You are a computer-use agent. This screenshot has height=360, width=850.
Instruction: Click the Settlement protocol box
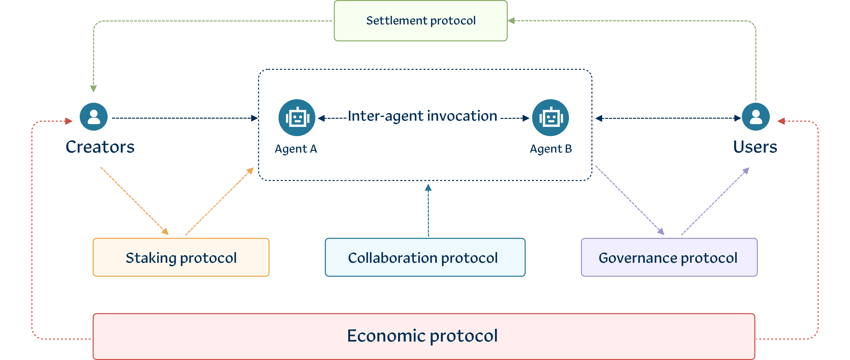421,21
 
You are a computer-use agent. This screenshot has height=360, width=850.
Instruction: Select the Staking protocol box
181,258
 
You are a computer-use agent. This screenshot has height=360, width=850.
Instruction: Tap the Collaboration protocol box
425,258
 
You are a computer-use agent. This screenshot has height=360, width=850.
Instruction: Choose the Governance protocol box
669,258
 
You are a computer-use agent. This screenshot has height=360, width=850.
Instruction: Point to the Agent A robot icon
297,118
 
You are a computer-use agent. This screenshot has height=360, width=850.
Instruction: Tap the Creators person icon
94,117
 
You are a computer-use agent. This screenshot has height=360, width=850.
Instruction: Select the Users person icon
756,117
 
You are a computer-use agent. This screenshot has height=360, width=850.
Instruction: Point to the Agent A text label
296,149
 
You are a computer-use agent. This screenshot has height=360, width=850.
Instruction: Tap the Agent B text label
551,149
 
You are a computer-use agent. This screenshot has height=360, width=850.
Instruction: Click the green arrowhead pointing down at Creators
94,89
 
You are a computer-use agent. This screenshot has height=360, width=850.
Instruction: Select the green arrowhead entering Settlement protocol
511,21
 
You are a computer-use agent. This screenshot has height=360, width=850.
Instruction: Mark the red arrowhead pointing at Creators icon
69,121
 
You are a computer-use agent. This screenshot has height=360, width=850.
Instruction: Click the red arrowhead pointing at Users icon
781,121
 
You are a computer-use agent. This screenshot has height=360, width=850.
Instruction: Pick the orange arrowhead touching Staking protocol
165,232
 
